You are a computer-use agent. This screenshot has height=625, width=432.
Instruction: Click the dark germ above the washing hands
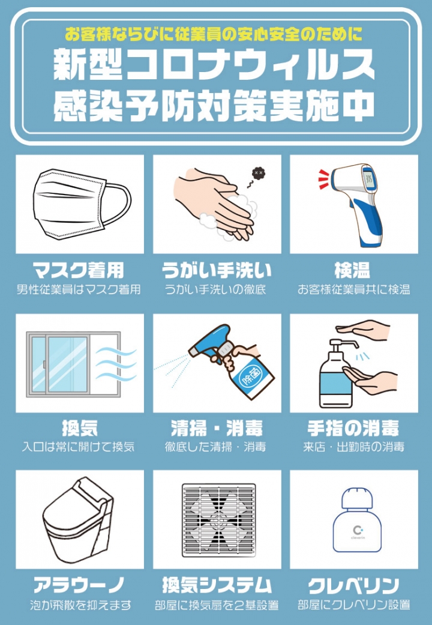tap(258, 173)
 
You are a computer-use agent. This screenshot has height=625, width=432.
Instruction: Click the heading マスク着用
tap(78, 270)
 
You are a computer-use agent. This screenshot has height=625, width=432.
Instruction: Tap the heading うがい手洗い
tap(217, 270)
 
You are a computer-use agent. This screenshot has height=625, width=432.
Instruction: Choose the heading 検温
tap(352, 270)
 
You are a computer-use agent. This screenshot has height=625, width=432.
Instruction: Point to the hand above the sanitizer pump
tap(362, 329)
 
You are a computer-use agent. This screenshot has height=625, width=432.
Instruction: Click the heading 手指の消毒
tap(353, 429)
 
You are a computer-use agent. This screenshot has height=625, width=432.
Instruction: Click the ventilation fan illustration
tap(219, 520)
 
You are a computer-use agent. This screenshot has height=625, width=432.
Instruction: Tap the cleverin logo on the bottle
tap(356, 532)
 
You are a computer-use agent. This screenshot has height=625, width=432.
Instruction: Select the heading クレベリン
tap(353, 585)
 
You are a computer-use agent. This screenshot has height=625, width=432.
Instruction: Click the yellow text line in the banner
tap(214, 35)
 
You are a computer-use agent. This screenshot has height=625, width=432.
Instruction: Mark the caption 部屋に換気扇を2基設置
tap(217, 605)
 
